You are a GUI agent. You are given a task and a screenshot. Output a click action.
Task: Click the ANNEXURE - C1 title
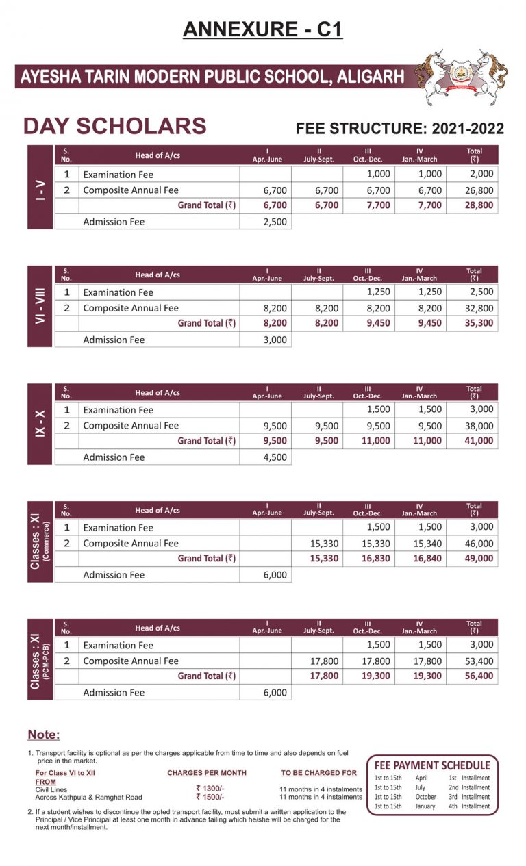(x=262, y=29)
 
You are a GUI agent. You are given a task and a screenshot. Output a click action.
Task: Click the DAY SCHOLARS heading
(x=114, y=127)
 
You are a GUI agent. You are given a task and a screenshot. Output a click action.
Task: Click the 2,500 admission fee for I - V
(x=275, y=222)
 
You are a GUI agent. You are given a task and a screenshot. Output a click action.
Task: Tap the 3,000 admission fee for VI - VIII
(x=275, y=340)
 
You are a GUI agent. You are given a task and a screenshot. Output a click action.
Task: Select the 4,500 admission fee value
(x=275, y=457)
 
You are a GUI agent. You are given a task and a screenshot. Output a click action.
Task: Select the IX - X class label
(x=40, y=424)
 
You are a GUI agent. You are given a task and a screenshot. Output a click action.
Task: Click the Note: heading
(x=44, y=735)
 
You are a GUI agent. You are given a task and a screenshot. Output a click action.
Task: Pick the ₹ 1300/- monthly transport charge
(x=209, y=789)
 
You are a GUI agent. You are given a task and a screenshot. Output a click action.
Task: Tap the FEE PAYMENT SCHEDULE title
(x=432, y=765)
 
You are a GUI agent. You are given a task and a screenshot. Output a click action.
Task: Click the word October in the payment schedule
(x=426, y=797)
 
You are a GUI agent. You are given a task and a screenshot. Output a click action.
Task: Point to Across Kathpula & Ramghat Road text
(x=88, y=798)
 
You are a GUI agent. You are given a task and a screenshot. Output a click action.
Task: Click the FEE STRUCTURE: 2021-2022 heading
(x=399, y=129)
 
